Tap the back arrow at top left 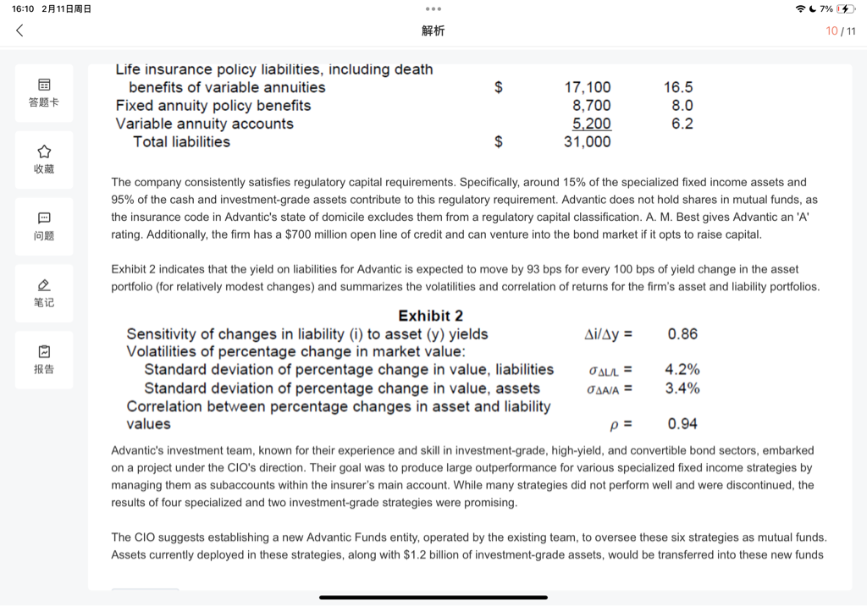click(19, 30)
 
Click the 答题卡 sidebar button click(44, 92)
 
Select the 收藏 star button click(44, 158)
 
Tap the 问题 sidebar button click(44, 225)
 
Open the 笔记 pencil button click(44, 291)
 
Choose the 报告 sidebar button click(44, 358)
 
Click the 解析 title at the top click(433, 30)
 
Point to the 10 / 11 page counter click(841, 30)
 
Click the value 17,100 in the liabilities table click(587, 87)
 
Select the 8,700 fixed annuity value click(591, 106)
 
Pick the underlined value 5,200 click(591, 124)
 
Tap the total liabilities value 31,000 click(587, 142)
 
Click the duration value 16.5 click(678, 87)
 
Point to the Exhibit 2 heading click(430, 316)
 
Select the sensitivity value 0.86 click(682, 333)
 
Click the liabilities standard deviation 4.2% click(682, 369)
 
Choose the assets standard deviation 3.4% click(682, 388)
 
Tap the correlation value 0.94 click(682, 424)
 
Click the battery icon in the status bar click(846, 8)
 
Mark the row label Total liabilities click(181, 142)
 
